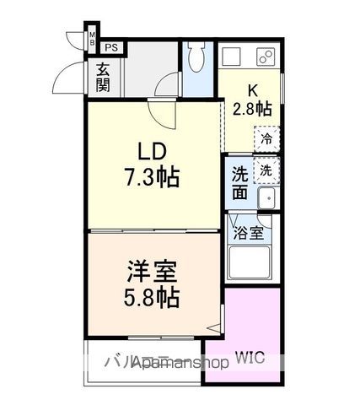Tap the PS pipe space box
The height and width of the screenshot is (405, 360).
(x=111, y=48)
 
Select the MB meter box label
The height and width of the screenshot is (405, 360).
(x=93, y=38)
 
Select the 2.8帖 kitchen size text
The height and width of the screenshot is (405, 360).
(x=252, y=108)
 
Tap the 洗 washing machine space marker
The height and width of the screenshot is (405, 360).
(x=266, y=170)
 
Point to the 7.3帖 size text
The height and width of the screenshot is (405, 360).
(x=153, y=179)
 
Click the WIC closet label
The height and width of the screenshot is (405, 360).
(x=250, y=358)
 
